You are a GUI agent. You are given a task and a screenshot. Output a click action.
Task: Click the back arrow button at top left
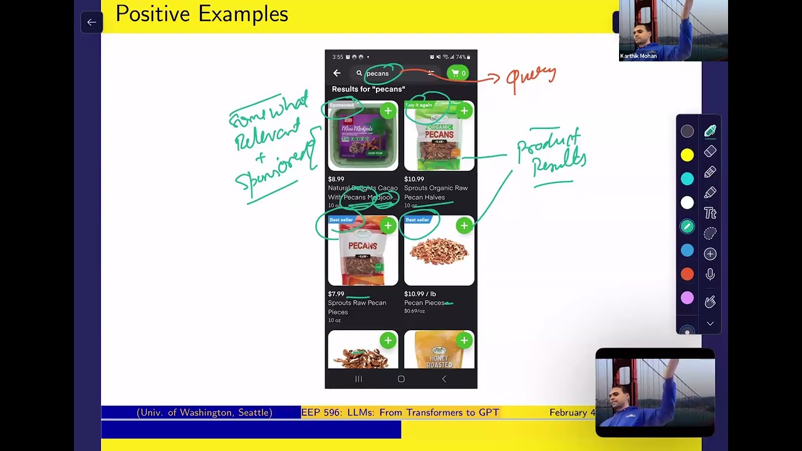[91, 23]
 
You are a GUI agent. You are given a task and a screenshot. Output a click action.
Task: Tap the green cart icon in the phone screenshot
[457, 73]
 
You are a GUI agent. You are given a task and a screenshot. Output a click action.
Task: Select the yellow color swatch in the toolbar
[687, 155]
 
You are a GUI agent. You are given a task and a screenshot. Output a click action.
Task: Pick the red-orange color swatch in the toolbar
[687, 274]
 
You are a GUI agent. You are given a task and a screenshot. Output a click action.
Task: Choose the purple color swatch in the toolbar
[687, 299]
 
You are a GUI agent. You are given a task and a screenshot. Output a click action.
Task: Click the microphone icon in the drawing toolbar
[710, 274]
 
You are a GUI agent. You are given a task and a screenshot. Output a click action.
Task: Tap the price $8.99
[336, 179]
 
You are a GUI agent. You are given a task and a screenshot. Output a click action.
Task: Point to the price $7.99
[336, 294]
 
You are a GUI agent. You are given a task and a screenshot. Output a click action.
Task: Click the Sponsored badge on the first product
[342, 105]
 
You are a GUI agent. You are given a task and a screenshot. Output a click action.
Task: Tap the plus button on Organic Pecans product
[464, 111]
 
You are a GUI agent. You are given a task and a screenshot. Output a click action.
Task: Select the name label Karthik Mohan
[638, 56]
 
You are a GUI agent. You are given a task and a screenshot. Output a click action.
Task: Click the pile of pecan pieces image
[439, 252]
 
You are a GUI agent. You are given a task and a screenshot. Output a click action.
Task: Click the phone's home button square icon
[401, 379]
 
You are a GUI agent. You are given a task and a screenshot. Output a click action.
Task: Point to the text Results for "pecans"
[368, 90]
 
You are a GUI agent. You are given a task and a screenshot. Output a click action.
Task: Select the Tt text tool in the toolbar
[710, 214]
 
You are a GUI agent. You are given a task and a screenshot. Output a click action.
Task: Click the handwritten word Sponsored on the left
[274, 164]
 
